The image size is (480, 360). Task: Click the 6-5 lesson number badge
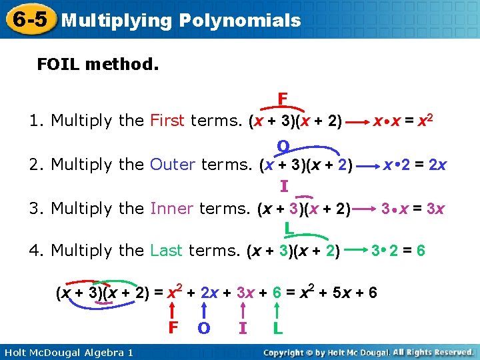[x=28, y=19]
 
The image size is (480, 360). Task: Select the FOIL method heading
[x=97, y=65]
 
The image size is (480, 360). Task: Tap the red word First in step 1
[x=167, y=121]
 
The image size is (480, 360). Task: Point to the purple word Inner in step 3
[x=171, y=209]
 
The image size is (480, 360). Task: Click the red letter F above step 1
[x=283, y=99]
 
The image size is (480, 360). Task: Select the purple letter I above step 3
[x=284, y=187]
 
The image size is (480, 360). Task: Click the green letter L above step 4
[x=289, y=229]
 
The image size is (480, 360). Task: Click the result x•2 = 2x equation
[x=415, y=164]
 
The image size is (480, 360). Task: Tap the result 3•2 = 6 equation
[x=399, y=251]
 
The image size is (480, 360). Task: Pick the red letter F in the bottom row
[x=173, y=328]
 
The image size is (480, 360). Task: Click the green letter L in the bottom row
[x=277, y=328]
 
